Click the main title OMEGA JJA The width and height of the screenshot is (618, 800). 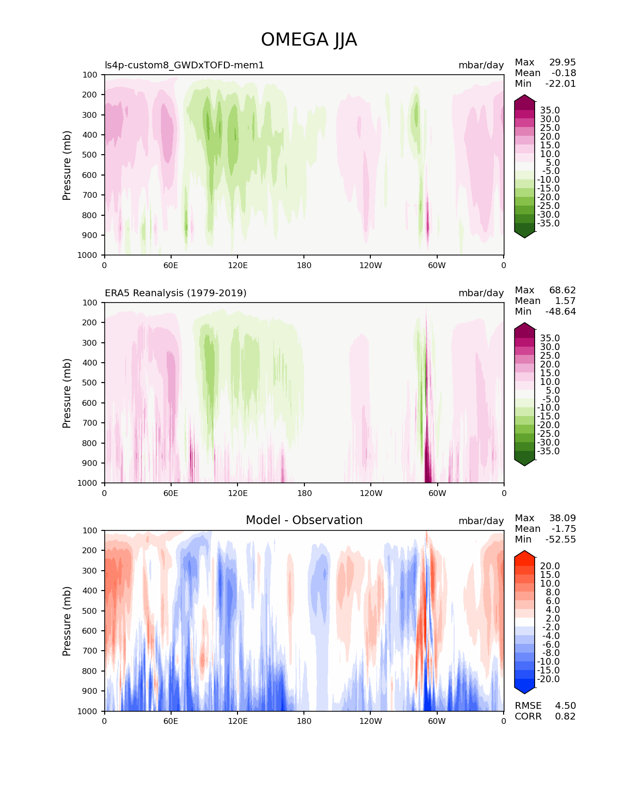(x=309, y=40)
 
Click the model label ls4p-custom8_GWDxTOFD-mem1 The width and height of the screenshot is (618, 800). (x=184, y=65)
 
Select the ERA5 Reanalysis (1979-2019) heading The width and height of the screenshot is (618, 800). (x=175, y=293)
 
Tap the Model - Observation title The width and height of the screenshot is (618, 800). (x=304, y=520)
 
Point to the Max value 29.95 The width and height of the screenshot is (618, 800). (x=562, y=63)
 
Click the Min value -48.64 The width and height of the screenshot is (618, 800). (x=561, y=312)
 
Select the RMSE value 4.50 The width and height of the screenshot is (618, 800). (x=565, y=706)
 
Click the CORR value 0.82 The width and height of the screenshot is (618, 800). (x=565, y=717)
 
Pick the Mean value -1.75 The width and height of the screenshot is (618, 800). (x=564, y=529)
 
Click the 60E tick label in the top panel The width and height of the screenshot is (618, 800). (x=171, y=266)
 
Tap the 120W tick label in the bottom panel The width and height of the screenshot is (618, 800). (x=371, y=721)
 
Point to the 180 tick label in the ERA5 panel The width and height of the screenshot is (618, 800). (x=304, y=494)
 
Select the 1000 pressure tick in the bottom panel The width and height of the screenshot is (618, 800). (x=87, y=711)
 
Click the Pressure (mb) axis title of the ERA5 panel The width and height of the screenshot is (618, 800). (x=67, y=393)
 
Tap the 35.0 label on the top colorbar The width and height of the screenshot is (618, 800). (x=550, y=111)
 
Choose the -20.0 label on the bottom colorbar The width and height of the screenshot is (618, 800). (x=548, y=679)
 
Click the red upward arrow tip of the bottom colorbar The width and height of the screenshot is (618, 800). (x=524, y=554)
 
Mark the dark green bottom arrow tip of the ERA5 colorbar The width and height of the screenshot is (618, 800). (x=524, y=463)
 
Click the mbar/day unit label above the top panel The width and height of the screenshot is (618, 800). (x=481, y=65)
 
